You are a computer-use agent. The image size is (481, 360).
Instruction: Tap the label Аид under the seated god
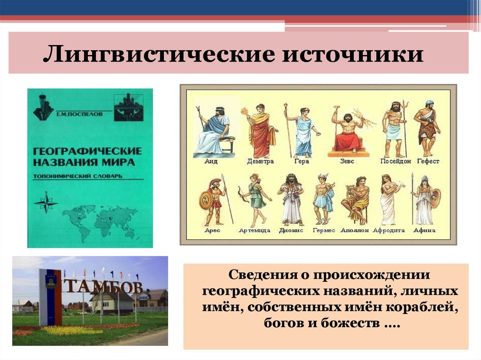(x=211, y=161)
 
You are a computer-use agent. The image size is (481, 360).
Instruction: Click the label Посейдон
(x=396, y=161)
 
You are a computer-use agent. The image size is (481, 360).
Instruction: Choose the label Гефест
(x=427, y=161)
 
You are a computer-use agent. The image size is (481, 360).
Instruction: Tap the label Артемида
(x=254, y=230)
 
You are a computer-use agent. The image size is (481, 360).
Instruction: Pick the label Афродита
(x=388, y=230)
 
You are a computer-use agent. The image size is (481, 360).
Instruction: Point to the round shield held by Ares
(x=206, y=200)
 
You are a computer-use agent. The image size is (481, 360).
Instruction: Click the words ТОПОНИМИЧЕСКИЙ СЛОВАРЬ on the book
(x=77, y=176)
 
